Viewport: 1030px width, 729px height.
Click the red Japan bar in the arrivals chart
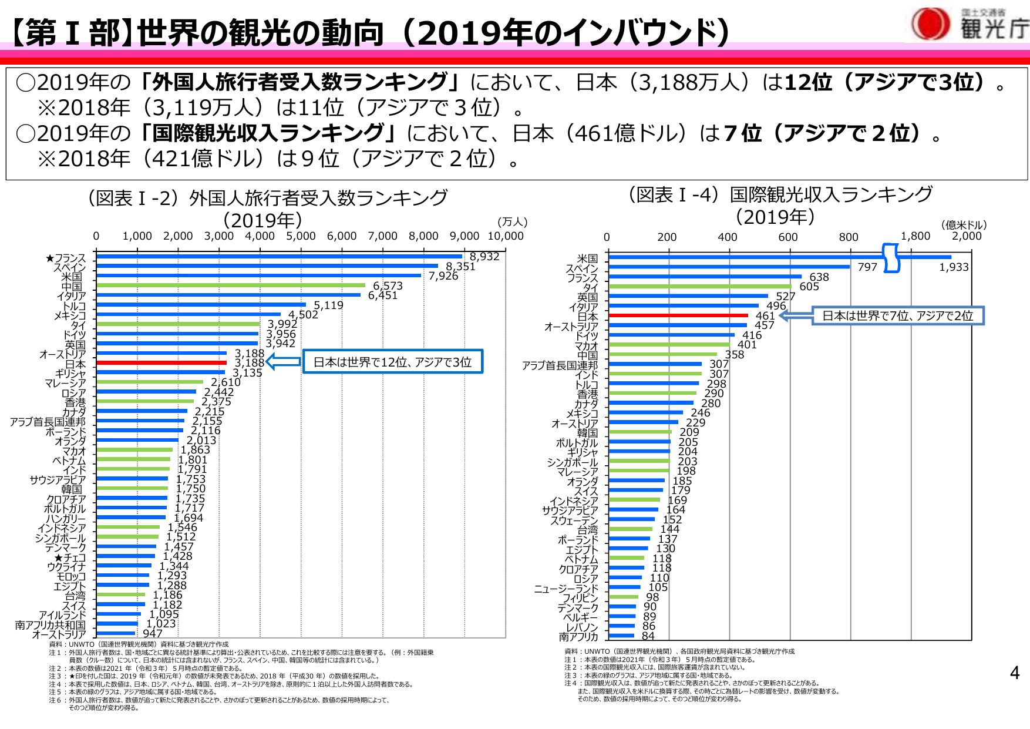pos(161,362)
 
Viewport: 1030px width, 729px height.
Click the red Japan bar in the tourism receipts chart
pos(678,315)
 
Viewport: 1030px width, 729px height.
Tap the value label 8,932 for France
pos(484,257)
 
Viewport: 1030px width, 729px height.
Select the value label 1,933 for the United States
pos(954,267)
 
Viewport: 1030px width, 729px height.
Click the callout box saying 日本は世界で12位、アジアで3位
pos(392,362)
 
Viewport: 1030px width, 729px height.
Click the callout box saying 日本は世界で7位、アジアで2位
pos(897,315)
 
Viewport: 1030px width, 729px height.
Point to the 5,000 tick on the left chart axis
pos(301,236)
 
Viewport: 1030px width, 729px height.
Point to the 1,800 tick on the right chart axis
pos(915,236)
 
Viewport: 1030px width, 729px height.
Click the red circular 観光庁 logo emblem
pos(930,24)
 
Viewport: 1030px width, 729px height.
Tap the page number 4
pos(1014,673)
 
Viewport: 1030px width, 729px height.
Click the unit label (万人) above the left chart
pos(512,222)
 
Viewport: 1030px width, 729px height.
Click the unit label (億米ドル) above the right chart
pos(964,225)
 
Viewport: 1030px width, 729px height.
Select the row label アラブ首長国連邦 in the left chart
pos(48,422)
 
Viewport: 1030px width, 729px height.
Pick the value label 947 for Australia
pos(153,633)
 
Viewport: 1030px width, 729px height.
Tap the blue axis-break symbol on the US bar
pos(891,258)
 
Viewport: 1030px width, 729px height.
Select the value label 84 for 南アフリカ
pos(648,636)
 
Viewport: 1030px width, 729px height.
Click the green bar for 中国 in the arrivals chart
pos(230,285)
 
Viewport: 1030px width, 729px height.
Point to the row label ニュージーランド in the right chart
pos(566,589)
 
